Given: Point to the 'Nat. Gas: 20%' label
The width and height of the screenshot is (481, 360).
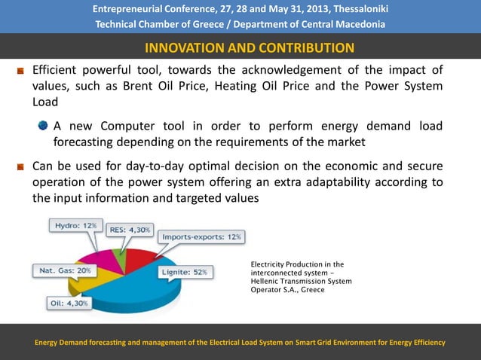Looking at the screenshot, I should (63, 270).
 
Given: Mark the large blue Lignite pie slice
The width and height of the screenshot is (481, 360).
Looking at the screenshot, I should (143, 286).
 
